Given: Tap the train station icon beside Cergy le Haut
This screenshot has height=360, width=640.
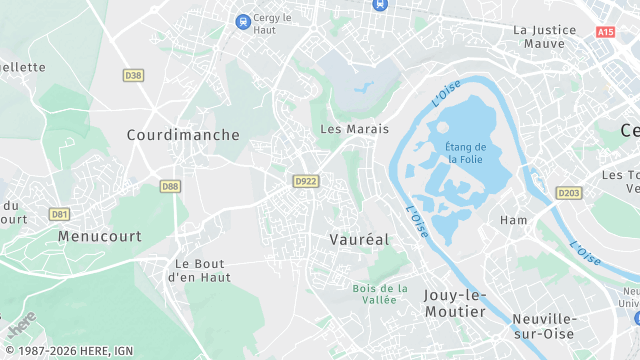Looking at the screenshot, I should pos(242,20).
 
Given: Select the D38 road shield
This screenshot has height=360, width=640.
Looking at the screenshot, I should pos(133,75).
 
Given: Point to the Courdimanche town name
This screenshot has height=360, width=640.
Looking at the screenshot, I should pos(183,134).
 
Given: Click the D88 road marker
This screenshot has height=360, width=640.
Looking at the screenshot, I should pos(171,185).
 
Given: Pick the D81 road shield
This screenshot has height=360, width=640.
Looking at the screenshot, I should pos(60,213).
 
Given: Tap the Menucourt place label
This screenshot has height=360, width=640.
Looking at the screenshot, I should pos(100,237).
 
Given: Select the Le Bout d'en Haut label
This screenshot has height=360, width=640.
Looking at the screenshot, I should pos(203,270).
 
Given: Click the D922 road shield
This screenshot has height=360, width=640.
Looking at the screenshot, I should pos(305,181).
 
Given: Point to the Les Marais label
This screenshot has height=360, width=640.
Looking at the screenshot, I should pos(354,129).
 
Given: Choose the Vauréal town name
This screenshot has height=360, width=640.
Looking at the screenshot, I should pos(359,240).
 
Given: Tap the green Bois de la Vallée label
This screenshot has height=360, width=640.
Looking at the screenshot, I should pos(380,294).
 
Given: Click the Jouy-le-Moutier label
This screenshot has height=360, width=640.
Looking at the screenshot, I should pos(455,303).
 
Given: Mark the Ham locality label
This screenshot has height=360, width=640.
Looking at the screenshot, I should pos(513,220).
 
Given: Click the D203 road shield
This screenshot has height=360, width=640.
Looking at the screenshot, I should pos(569,193).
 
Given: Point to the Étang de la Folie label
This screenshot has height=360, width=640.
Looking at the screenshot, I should pos(466,153).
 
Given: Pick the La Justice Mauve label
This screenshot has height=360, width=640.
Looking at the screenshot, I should pos(545,37).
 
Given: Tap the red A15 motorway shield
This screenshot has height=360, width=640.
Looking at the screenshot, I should pos(605,32).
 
